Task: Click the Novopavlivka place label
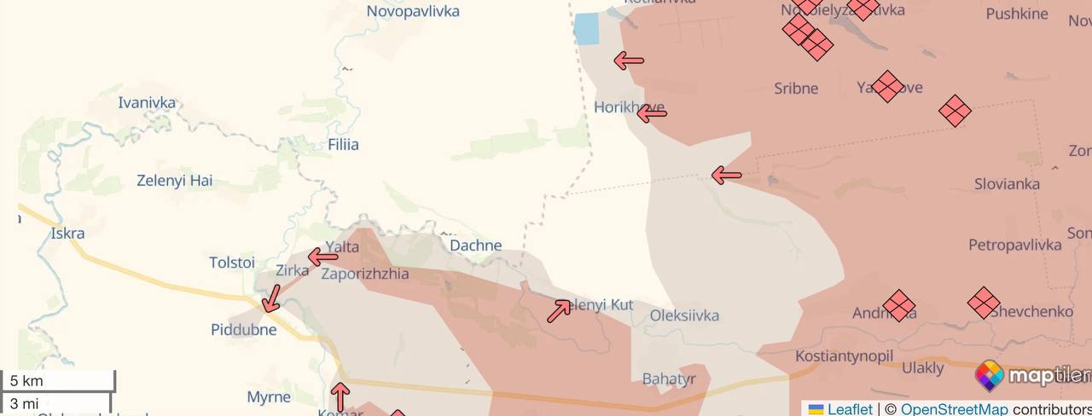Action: [x=413, y=11]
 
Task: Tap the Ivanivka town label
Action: [x=147, y=103]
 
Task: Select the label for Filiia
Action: [x=343, y=145]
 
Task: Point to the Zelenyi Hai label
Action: [x=175, y=181]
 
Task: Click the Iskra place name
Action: [x=67, y=234]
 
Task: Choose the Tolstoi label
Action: [x=232, y=263]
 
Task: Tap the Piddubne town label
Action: [x=244, y=329]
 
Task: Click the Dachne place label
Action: [x=475, y=246]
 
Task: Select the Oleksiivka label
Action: [x=684, y=315]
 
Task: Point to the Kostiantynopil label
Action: [x=844, y=356]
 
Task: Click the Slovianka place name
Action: [x=1007, y=184]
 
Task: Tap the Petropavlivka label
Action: [x=1014, y=246]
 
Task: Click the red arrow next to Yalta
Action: [x=323, y=257]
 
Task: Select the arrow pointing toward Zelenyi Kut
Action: [x=559, y=310]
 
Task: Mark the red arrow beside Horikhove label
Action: [x=652, y=112]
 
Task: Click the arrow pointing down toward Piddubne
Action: [x=271, y=299]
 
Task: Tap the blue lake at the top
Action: [x=586, y=29]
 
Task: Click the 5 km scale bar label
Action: [x=26, y=381]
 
